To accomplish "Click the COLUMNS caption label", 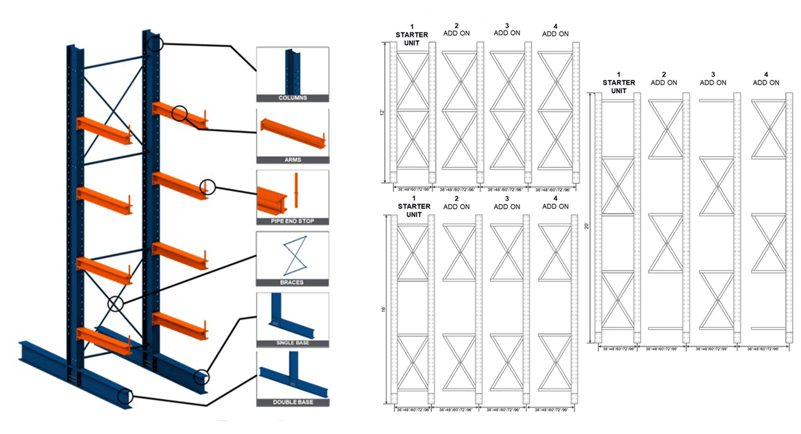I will (x=292, y=98).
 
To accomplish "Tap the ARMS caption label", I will (x=292, y=160).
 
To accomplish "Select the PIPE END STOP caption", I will (x=292, y=221).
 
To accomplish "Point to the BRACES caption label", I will (x=292, y=282).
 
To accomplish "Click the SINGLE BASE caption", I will (x=292, y=343).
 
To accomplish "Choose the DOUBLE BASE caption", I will (x=292, y=402).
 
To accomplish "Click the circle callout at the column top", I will (x=155, y=43).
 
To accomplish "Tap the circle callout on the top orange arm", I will (x=179, y=113).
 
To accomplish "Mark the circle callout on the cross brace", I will (x=116, y=304).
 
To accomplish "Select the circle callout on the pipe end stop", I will (x=207, y=187).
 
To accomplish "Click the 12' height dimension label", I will (x=382, y=113).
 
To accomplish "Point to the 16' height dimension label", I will (x=383, y=309).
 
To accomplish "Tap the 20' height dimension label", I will (x=586, y=226).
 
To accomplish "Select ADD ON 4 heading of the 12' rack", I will (x=555, y=30).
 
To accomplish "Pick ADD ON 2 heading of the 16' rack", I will (x=456, y=203).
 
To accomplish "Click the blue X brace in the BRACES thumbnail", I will (x=295, y=256).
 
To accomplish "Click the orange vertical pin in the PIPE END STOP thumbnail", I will (x=296, y=191).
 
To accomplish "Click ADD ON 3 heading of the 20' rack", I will (x=713, y=79).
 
